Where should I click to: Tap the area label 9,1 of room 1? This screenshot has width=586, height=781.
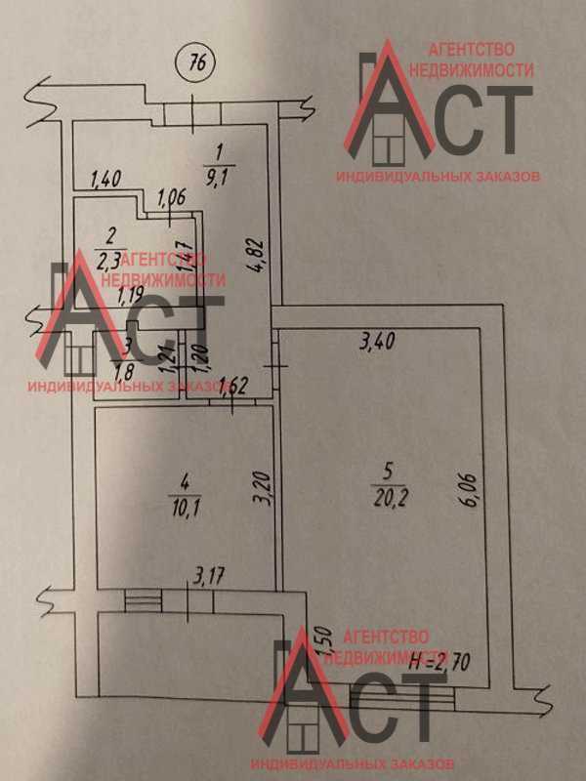coord(219,177)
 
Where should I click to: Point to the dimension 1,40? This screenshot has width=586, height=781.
coord(104,179)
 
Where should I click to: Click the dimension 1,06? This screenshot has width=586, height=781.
coord(171,193)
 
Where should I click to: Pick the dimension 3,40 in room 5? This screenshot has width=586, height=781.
coord(378,342)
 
